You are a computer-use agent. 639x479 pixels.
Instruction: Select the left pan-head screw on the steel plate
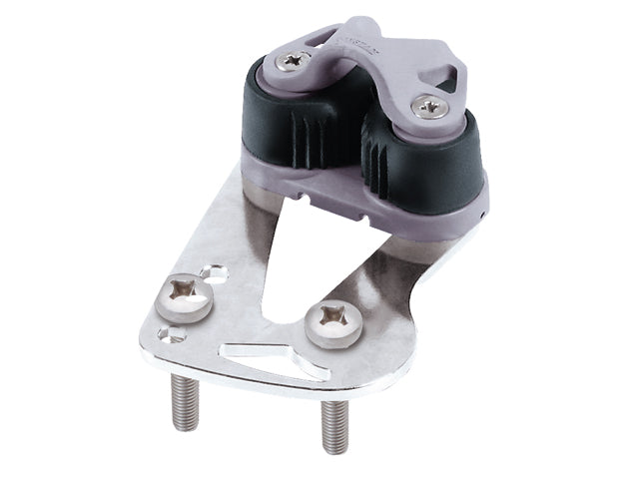point(186,298)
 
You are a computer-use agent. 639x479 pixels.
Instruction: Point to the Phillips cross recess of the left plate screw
point(186,295)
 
